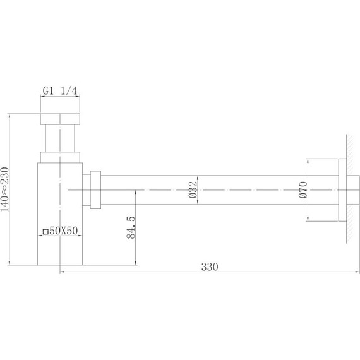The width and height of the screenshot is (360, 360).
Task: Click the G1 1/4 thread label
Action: tap(60, 92)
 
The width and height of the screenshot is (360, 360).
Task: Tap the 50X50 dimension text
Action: tap(63, 231)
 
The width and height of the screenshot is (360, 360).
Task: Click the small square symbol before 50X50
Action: tap(45, 231)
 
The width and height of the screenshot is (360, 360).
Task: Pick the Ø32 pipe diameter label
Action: tap(195, 189)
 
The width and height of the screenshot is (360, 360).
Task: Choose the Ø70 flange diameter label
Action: tap(303, 189)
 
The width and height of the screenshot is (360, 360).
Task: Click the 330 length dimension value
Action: tap(210, 267)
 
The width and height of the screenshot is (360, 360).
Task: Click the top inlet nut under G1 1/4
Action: tap(60, 119)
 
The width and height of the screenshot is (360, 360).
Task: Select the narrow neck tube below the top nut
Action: tap(60, 139)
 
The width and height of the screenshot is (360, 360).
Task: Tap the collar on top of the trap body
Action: tap(60, 157)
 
